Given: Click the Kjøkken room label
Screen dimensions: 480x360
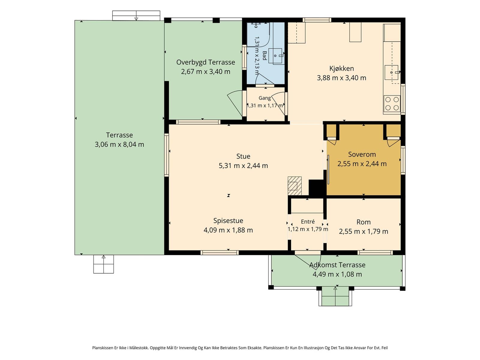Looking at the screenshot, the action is click(x=341, y=68).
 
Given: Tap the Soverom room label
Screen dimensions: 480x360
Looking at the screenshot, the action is click(x=362, y=154).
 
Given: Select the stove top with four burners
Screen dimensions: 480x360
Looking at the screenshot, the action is click(x=392, y=103).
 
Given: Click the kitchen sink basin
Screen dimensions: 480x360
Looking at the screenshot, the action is click(x=391, y=72).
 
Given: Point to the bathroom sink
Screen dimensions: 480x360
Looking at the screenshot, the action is click(x=275, y=56).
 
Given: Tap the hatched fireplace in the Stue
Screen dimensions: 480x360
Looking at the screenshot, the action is click(x=294, y=186).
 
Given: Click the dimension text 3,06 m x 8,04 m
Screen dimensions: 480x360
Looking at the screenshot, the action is click(x=119, y=145).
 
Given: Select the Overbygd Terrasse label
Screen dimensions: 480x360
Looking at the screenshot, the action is click(x=205, y=62).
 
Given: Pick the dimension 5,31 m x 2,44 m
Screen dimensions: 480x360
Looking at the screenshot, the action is click(x=243, y=166).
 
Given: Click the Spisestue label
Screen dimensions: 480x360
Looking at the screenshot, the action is click(x=228, y=220).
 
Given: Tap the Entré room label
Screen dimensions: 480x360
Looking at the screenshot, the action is click(x=308, y=221).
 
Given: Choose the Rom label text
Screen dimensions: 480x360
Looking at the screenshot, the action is click(x=363, y=222).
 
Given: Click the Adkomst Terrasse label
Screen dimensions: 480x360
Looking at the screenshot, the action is click(x=337, y=265).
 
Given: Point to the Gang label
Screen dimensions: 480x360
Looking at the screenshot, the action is click(x=265, y=98).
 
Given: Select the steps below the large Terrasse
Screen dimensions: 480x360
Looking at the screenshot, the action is click(x=103, y=264).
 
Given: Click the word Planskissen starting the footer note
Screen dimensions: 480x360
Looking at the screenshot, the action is click(x=103, y=348).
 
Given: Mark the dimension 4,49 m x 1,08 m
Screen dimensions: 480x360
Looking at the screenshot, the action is click(x=337, y=274).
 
